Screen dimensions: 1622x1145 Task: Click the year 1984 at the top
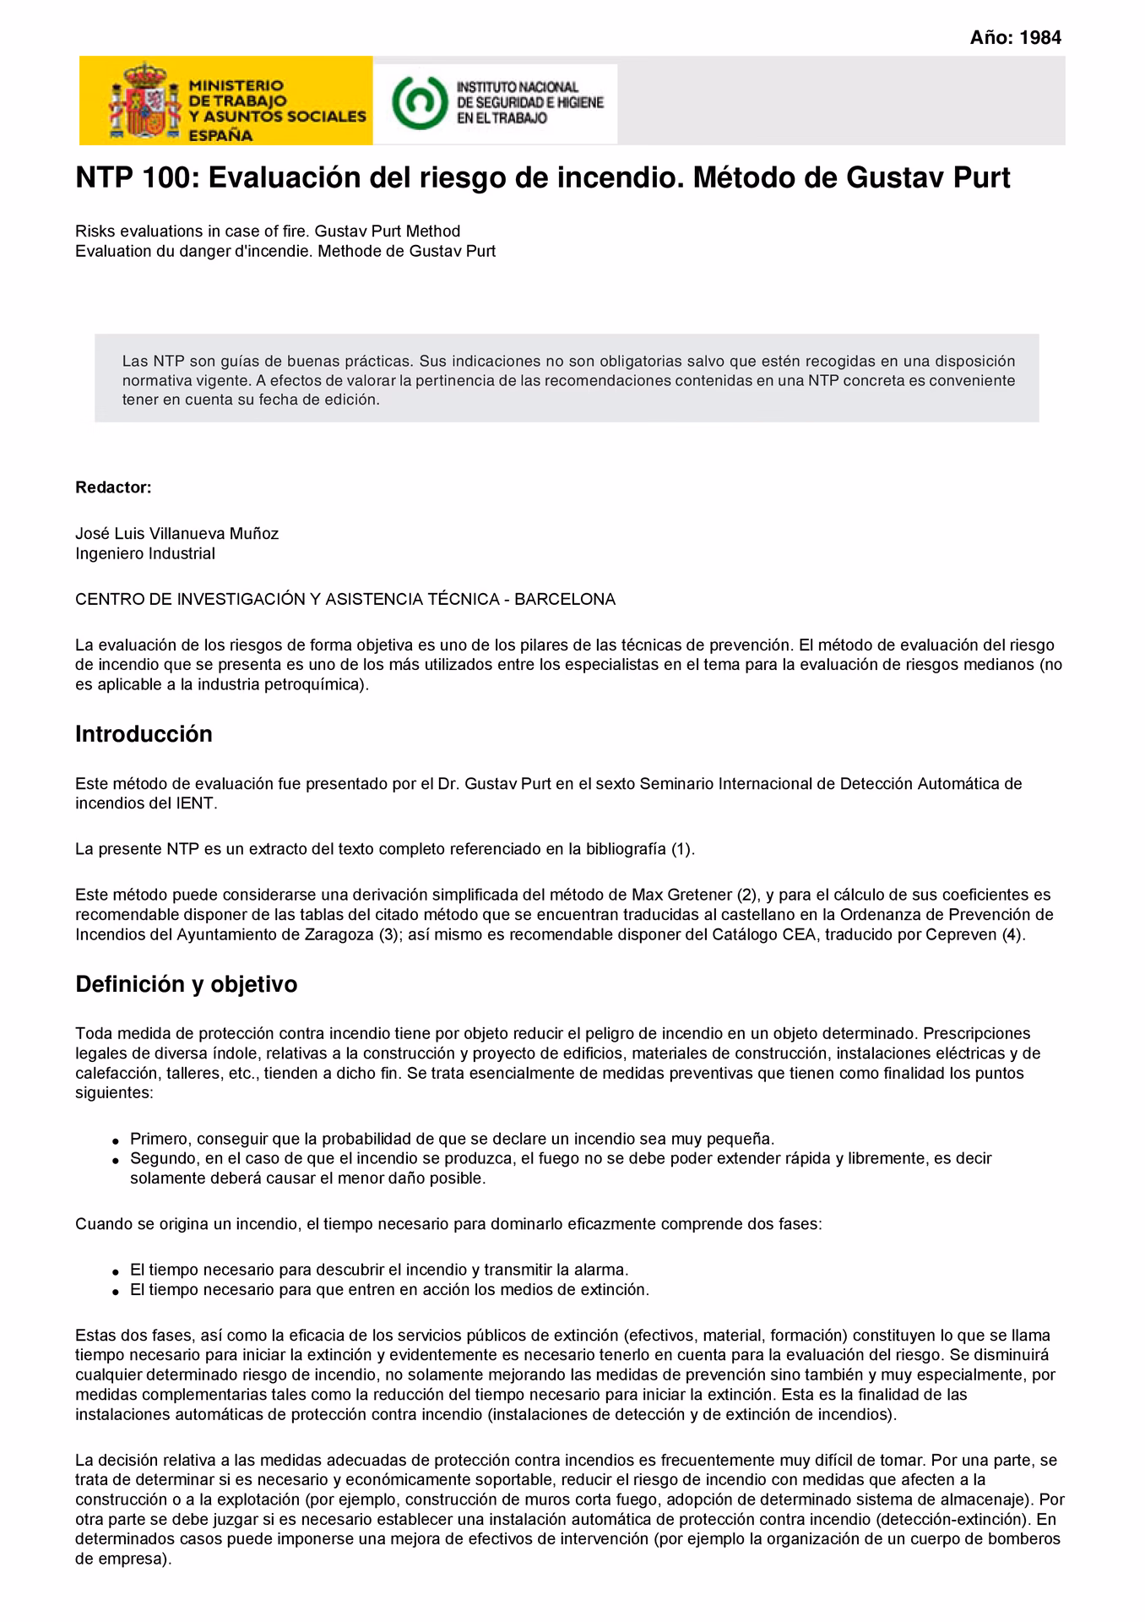click(x=1039, y=37)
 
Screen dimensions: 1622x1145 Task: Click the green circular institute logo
click(x=418, y=101)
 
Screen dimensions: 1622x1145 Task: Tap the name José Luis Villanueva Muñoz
click(x=176, y=534)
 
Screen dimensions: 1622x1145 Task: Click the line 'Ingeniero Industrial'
click(x=145, y=554)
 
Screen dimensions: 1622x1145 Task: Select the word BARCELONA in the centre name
click(x=565, y=600)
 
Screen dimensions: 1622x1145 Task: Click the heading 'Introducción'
click(x=144, y=734)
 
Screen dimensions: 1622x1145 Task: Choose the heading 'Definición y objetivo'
click(x=186, y=985)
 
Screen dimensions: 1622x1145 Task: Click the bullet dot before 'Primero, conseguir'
click(x=115, y=1140)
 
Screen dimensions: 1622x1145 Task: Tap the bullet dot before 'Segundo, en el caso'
click(x=115, y=1161)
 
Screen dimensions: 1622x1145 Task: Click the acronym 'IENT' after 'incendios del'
click(x=197, y=803)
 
